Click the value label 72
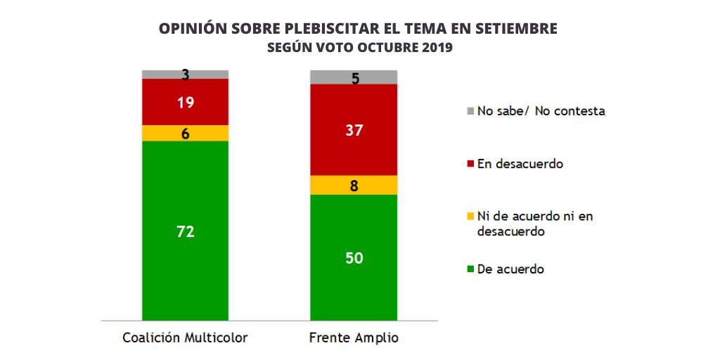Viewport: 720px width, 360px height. [x=186, y=231]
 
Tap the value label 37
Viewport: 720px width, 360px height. [x=354, y=129]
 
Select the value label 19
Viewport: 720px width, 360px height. [x=186, y=102]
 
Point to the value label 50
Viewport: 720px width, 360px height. [x=354, y=258]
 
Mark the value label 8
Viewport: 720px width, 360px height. [x=354, y=186]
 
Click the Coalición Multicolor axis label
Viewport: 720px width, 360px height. [x=186, y=338]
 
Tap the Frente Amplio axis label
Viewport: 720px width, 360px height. [x=354, y=338]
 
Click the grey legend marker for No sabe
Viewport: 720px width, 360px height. [x=470, y=111]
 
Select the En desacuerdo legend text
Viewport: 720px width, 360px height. [x=520, y=164]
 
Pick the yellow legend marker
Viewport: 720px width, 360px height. [x=470, y=217]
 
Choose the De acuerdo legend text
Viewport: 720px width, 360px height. [x=510, y=269]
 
